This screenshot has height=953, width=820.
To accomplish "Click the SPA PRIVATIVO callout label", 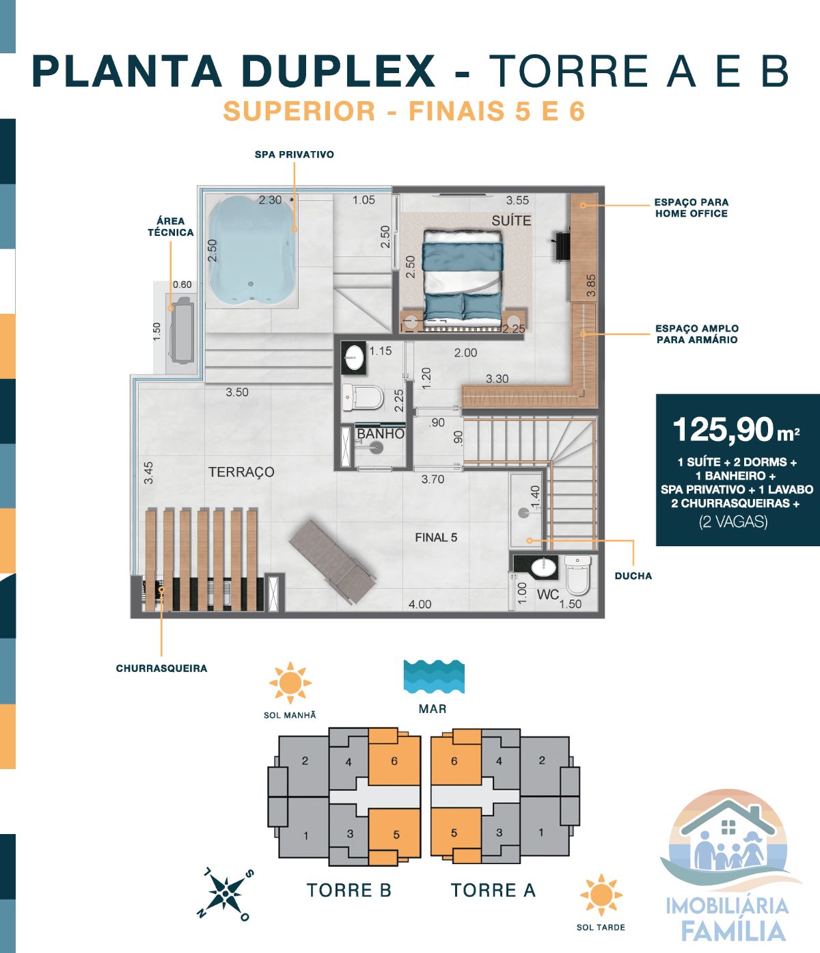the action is (294, 155).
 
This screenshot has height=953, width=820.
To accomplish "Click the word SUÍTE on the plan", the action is (510, 220).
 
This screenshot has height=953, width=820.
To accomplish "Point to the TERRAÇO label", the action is (241, 472).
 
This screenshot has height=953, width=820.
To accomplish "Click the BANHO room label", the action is (380, 434).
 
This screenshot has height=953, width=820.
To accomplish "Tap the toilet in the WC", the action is (577, 574).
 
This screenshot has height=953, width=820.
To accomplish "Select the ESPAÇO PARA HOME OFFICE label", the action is (692, 208).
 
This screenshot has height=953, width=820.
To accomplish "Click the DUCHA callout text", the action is (633, 576).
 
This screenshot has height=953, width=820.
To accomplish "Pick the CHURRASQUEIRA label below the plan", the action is (161, 669).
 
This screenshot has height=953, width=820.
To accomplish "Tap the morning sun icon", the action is (290, 682).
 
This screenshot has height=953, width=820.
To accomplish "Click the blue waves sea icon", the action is (434, 676).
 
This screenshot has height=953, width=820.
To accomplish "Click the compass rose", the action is (226, 893).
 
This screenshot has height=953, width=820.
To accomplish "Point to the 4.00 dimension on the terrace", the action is (420, 604).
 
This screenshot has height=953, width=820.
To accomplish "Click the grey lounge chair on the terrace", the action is (332, 562).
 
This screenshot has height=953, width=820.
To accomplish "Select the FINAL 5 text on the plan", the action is (436, 537).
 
